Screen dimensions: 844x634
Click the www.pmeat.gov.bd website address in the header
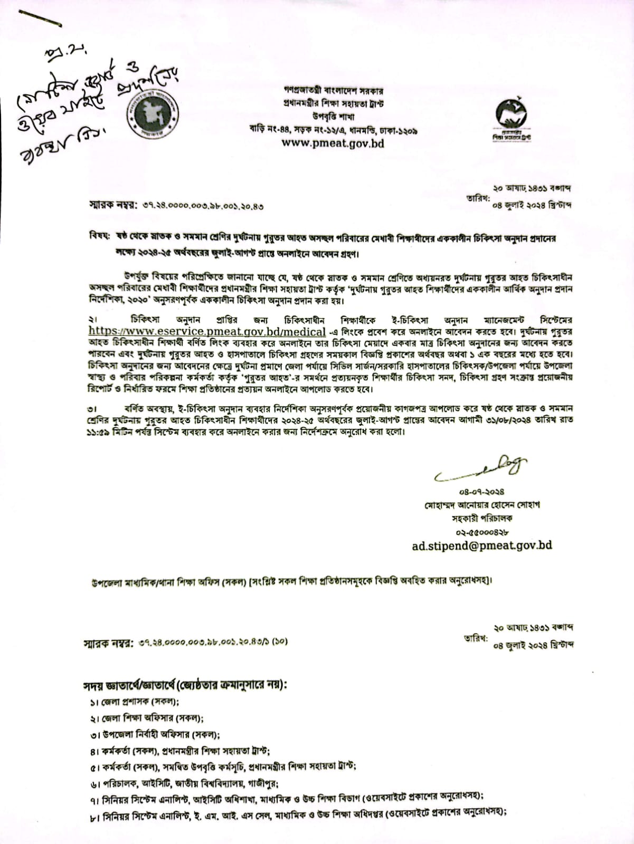point(333,143)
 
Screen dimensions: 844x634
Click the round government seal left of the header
point(153,113)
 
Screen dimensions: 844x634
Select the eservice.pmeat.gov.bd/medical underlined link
point(207,332)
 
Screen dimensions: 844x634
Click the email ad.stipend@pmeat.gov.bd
point(481,545)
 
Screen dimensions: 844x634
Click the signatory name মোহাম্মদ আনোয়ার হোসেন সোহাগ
point(482,505)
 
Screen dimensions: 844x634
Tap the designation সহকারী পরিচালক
point(482,518)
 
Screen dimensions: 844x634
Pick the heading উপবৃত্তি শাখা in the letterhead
point(333,117)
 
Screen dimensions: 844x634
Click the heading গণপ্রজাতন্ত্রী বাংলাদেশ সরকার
point(333,91)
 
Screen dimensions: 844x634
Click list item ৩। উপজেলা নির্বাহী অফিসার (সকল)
point(155,734)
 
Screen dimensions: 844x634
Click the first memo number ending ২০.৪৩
point(203,206)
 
